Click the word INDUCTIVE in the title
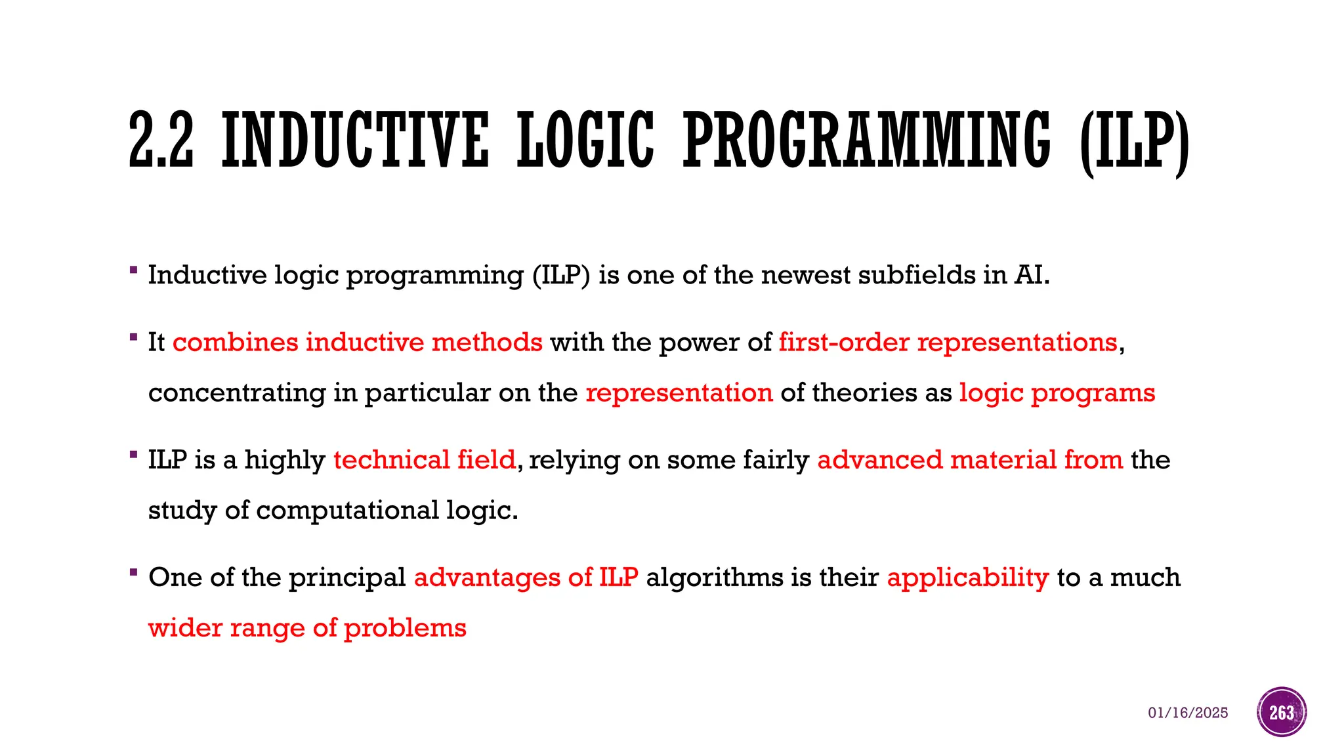pos(355,140)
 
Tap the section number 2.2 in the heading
pos(161,140)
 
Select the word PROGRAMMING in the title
pos(867,140)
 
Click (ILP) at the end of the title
pos(1133,141)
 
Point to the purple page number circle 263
pos(1282,712)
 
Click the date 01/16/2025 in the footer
pos(1188,713)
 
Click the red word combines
pos(235,343)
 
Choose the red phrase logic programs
pos(1057,393)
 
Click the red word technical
pos(391,460)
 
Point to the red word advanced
pos(879,460)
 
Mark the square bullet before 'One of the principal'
pos(134,572)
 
